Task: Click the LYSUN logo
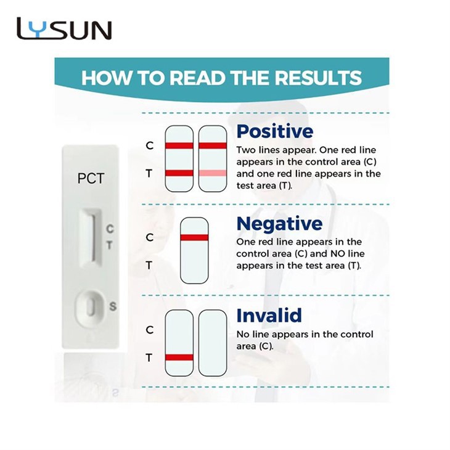[x=64, y=29]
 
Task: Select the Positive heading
[x=275, y=131]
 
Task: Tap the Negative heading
[x=279, y=223]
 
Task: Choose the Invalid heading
[x=269, y=316]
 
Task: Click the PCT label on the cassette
[x=91, y=179]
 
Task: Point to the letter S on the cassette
[x=113, y=306]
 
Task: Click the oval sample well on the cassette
[x=90, y=306]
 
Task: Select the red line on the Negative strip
[x=194, y=237]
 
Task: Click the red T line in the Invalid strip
[x=179, y=357]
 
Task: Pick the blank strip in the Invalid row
[x=213, y=343]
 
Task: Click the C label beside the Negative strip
[x=149, y=237]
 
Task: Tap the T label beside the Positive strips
[x=149, y=174]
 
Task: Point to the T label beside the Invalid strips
[x=149, y=358]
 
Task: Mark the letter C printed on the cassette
[x=110, y=229]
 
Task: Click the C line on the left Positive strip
[x=179, y=145]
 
